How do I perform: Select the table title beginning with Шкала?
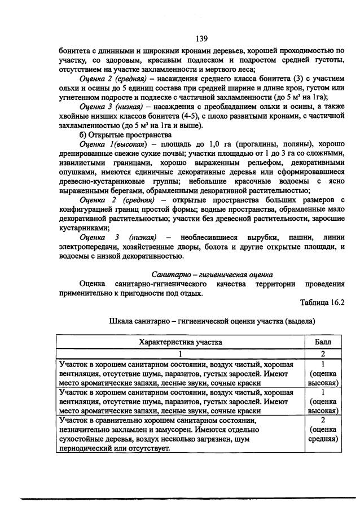[211, 321]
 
